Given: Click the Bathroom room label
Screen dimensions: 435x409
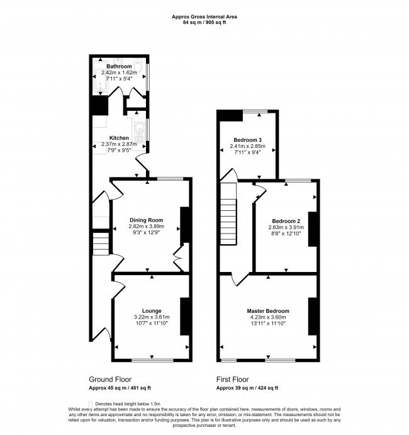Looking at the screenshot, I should (119, 66).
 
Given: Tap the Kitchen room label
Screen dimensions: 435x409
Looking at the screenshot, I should (119, 138).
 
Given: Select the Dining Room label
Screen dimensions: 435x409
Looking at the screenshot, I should (146, 220).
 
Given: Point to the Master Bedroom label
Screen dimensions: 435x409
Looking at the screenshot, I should (268, 311).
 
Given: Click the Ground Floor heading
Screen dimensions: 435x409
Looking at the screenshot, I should (111, 380).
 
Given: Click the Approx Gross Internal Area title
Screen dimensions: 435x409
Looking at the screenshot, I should (204, 17).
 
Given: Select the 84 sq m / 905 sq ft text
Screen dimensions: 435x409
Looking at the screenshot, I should (204, 23).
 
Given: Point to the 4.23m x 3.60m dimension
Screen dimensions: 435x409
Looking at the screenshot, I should (268, 317).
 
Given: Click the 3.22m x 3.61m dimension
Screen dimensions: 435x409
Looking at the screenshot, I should (152, 317).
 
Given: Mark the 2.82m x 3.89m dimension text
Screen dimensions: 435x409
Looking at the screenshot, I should (146, 226).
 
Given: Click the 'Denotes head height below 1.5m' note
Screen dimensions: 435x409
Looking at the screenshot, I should (126, 403).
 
